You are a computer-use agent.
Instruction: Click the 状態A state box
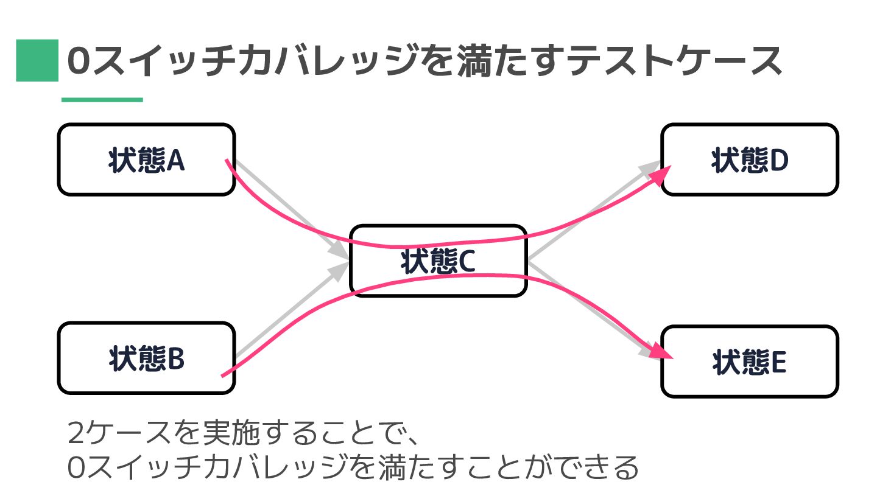[x=146, y=159]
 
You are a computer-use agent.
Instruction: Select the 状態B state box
[x=146, y=358]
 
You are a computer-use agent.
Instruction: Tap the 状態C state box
[x=437, y=260]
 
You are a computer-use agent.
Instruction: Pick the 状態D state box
[x=749, y=159]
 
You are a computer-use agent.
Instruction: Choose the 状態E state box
[x=749, y=362]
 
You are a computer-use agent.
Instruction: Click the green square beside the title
[x=37, y=60]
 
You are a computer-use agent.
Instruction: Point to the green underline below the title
[x=102, y=100]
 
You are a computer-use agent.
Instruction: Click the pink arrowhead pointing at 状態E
[x=664, y=351]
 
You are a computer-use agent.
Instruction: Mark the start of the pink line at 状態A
[x=227, y=161]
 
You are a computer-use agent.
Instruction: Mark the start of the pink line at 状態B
[x=222, y=376]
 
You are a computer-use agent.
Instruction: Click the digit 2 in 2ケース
[x=77, y=435]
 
